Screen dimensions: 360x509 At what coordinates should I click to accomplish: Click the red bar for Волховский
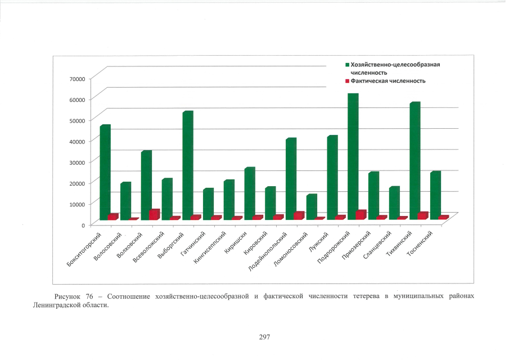(x=154, y=214)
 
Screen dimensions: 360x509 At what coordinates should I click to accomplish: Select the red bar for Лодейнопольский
(x=298, y=215)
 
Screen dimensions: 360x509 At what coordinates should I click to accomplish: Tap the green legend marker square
(x=347, y=65)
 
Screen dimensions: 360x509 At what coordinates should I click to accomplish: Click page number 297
(x=265, y=337)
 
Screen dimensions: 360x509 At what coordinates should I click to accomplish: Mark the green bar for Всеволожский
(x=166, y=199)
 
